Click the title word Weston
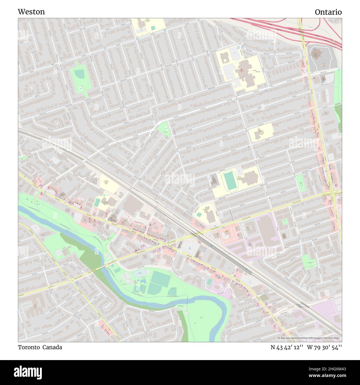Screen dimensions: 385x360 coord(31,12)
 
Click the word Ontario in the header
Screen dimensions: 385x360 coord(328,12)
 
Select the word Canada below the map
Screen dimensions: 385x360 coord(52,347)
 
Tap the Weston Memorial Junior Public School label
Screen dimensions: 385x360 coord(261,132)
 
